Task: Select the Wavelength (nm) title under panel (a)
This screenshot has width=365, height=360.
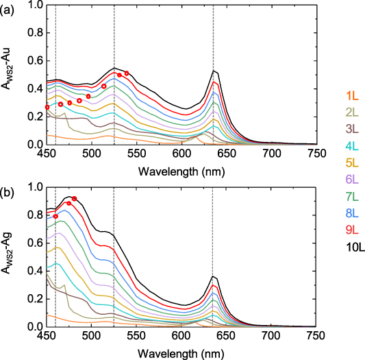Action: point(181,167)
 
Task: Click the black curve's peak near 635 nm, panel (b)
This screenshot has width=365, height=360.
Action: point(214,276)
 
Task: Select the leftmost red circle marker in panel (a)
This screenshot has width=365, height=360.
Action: point(47,107)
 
